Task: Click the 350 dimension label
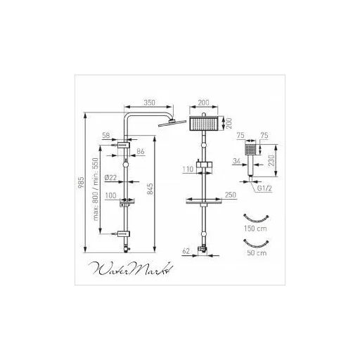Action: (149, 103)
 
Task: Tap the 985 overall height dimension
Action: (81, 183)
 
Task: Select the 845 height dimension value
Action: (150, 188)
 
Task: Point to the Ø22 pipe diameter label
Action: (110, 177)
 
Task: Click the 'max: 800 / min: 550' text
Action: (96, 189)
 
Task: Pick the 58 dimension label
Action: (106, 135)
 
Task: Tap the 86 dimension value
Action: (141, 151)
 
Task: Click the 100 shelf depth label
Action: (110, 195)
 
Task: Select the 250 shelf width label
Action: (231, 195)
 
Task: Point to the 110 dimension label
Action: (188, 169)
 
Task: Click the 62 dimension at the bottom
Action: (186, 251)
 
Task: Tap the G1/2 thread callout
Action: (264, 188)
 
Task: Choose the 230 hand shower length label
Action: (271, 160)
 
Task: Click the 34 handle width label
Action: (237, 161)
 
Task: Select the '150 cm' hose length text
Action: (255, 229)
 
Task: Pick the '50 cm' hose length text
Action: (257, 253)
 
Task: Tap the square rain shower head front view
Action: (204, 124)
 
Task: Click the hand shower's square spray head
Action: (250, 149)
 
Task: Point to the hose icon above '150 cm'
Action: (256, 219)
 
